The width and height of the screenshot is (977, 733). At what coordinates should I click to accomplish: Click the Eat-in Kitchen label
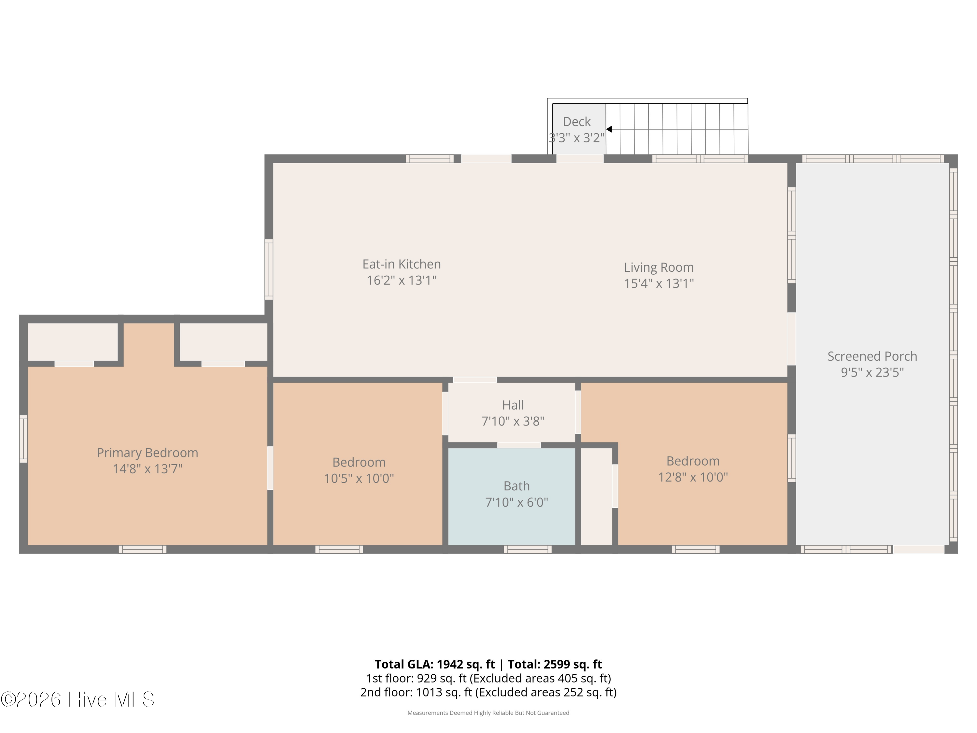point(402,264)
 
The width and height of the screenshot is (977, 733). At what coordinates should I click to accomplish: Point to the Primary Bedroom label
point(148,453)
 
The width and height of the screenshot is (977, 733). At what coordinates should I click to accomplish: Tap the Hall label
point(513,405)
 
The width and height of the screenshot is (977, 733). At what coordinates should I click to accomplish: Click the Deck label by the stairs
point(576,122)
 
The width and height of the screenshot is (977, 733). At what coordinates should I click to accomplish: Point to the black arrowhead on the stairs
point(609,129)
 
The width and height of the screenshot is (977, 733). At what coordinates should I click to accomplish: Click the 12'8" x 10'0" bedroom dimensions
point(693,477)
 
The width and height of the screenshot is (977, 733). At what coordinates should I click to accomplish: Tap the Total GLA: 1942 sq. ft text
point(435,664)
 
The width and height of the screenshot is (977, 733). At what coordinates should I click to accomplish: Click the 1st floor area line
point(488,678)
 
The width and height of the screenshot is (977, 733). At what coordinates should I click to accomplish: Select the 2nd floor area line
point(488,692)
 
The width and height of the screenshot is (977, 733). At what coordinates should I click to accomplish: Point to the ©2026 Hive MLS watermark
point(78,699)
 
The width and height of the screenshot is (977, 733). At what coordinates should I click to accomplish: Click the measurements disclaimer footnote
point(488,713)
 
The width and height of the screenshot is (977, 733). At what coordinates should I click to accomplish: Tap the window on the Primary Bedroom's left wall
point(23,439)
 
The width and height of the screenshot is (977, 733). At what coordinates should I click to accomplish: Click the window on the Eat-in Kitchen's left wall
point(269,269)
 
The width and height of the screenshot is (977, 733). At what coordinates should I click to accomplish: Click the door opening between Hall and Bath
point(519,445)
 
